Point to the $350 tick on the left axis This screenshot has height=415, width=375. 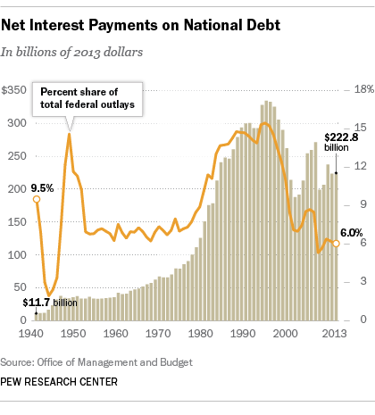[x=15, y=90]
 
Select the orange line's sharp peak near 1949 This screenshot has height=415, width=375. [x=70, y=134]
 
